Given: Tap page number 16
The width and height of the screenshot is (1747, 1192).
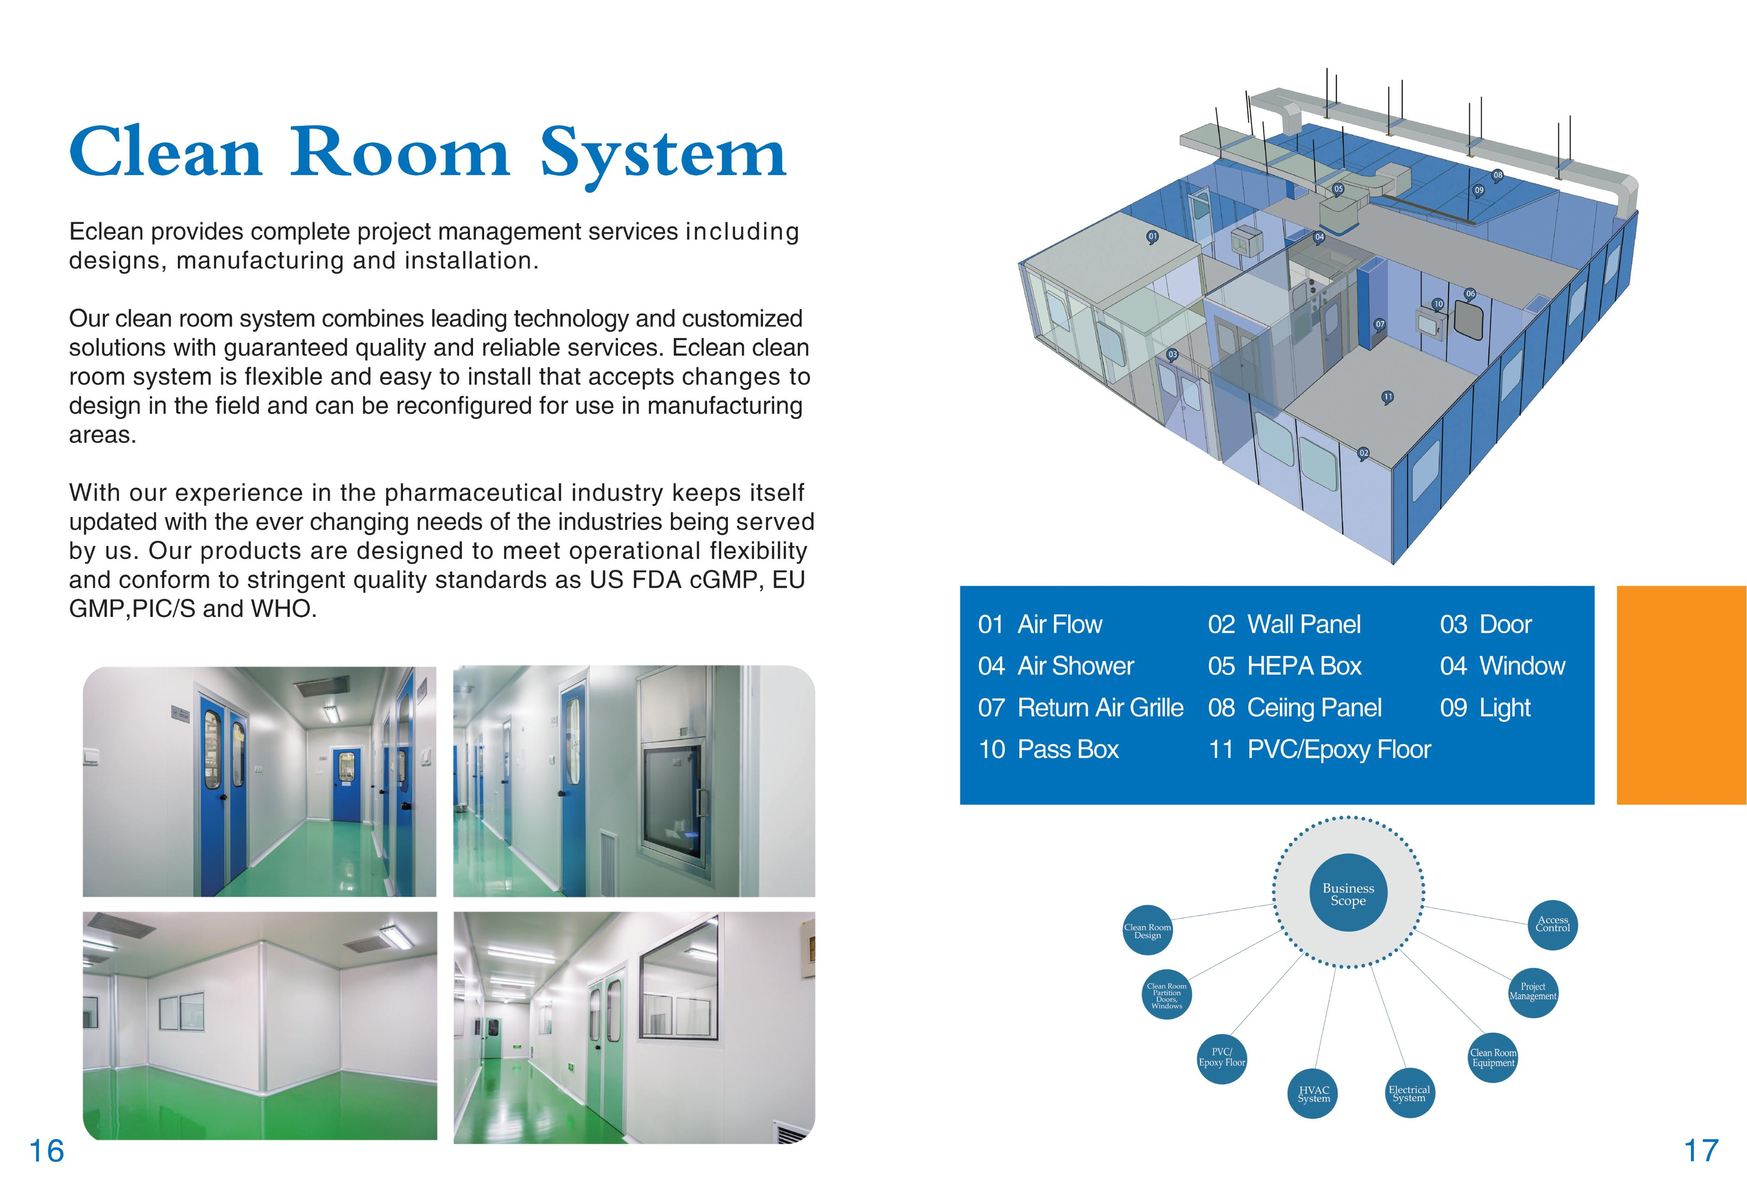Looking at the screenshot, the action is pos(46,1151).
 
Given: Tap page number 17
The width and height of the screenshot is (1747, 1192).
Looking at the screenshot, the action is pos(1701,1151).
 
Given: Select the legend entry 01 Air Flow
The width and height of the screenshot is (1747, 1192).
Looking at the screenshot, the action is pos(1040,624).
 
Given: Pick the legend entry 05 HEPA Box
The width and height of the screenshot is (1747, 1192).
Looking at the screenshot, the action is pos(1285,666).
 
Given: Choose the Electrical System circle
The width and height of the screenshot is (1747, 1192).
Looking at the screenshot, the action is pos(1409,1094).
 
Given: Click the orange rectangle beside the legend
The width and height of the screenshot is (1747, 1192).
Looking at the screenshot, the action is pos(1681,695).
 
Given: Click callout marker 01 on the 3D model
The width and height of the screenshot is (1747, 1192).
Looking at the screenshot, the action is pos(1152,237).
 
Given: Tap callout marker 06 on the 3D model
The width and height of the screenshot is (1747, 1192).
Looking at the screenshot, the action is pos(1471,294).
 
